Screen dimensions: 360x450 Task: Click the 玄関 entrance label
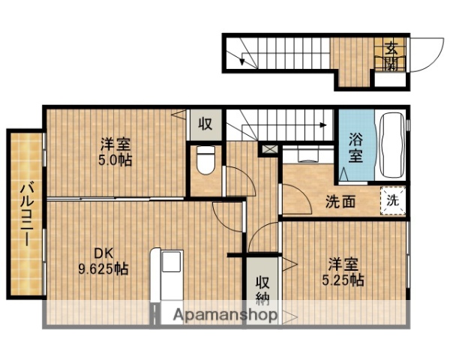(x=392, y=55)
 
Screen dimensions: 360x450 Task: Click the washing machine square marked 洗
(x=392, y=200)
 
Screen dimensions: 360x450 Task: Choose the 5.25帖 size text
(x=345, y=280)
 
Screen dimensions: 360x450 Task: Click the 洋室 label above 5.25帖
(x=345, y=265)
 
